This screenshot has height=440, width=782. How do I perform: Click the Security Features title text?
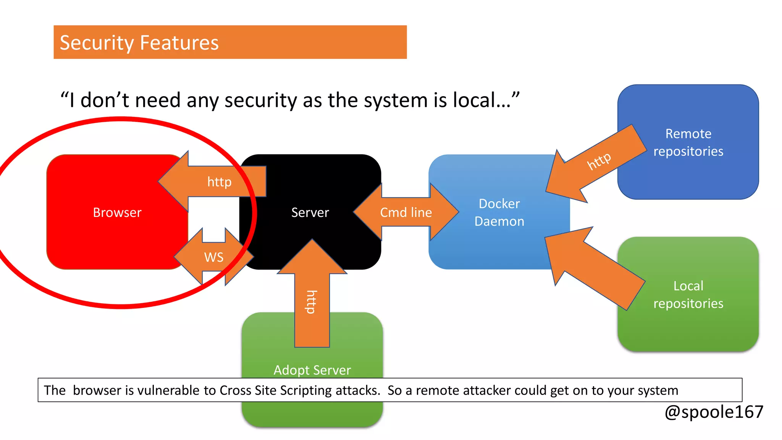coord(139,43)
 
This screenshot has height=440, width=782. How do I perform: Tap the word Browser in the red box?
coord(117,212)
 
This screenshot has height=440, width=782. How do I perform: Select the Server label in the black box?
coord(310,212)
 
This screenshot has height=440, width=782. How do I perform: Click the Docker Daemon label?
coord(499,213)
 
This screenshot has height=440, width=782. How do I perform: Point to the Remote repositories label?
coord(688,142)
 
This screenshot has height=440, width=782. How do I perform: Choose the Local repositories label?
coord(688,294)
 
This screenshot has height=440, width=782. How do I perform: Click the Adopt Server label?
coord(312,370)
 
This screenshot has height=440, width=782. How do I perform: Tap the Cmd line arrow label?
coord(406,212)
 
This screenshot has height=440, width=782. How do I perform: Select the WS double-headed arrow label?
coord(214,257)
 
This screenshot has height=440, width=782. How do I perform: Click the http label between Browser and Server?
coord(219,182)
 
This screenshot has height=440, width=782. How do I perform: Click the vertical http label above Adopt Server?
coord(312,302)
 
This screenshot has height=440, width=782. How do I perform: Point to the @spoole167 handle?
coord(714,412)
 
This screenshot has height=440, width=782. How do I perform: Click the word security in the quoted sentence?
coord(260,100)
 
